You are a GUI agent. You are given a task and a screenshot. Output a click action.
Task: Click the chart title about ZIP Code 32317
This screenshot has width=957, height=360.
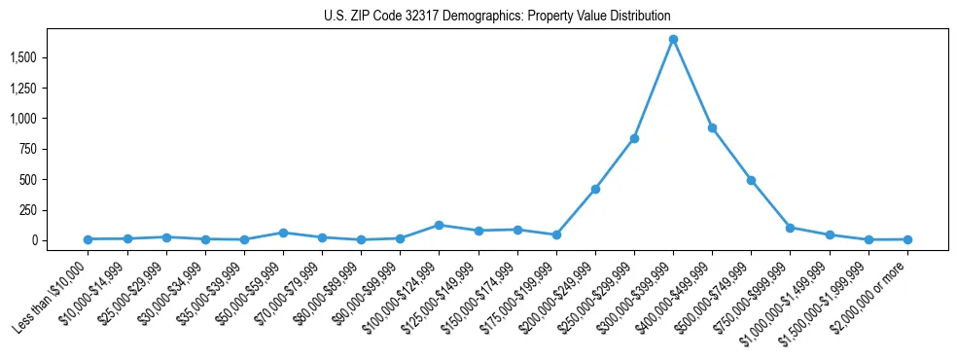click(x=497, y=16)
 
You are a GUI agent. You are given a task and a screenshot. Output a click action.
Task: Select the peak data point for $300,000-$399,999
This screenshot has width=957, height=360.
click(x=673, y=40)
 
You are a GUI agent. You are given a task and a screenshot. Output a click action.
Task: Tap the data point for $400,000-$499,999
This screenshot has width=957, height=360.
click(x=712, y=127)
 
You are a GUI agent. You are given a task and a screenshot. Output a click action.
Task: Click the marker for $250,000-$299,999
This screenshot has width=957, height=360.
click(x=634, y=138)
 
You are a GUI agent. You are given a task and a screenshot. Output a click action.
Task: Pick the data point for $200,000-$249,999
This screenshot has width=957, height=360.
click(x=595, y=189)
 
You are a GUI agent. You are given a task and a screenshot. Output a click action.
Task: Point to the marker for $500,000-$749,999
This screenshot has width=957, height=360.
click(x=751, y=180)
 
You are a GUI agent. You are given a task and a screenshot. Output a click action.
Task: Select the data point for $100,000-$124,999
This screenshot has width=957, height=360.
click(x=439, y=225)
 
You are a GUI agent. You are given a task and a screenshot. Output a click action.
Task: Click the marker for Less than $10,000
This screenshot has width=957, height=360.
click(x=89, y=238)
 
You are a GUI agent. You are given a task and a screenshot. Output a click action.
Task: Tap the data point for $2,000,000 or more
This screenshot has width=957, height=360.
click(x=907, y=238)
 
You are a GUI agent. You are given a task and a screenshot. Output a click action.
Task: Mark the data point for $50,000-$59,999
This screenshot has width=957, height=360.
click(x=283, y=233)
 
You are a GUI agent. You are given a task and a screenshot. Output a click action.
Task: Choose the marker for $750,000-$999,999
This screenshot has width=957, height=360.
click(x=790, y=228)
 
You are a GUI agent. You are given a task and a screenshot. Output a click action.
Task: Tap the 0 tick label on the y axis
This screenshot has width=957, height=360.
click(x=59, y=240)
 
